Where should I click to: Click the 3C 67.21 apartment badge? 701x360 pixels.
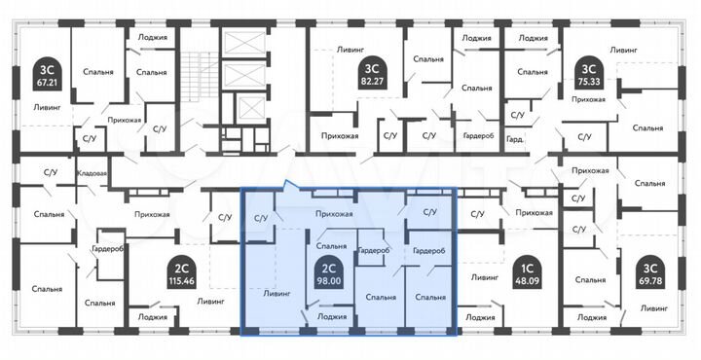(x=46, y=73)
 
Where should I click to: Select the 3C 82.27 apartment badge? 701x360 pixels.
(x=370, y=73)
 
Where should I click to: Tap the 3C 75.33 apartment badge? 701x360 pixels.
(x=587, y=73)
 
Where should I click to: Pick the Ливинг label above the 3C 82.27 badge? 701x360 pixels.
(x=350, y=47)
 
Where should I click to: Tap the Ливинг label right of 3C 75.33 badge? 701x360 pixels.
(x=623, y=49)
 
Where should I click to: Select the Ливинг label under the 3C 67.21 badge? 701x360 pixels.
(x=33, y=107)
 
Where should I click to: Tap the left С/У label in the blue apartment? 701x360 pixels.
(x=261, y=217)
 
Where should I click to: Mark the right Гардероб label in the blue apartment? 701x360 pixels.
(x=429, y=250)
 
